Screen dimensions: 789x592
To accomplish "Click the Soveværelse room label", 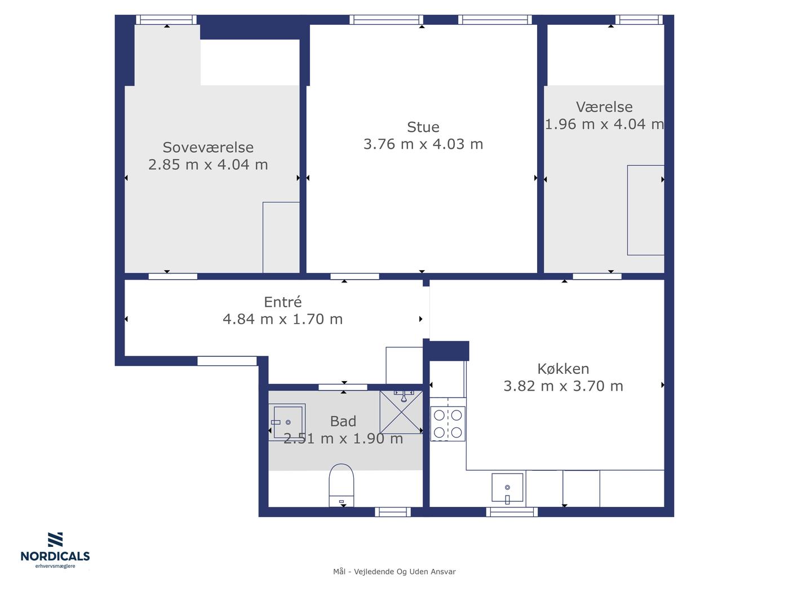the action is (x=208, y=147).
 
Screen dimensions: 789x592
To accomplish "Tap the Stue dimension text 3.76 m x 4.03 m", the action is (x=423, y=144).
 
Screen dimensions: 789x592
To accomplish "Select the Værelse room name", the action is (x=604, y=107).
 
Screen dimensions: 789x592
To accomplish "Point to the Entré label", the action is (x=282, y=302).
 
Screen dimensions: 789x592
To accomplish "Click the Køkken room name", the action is (x=563, y=369).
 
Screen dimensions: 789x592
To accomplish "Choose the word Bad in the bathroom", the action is (x=343, y=421).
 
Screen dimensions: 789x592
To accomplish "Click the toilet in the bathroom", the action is (x=342, y=485).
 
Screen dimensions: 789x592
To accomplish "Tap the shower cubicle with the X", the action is (x=401, y=412).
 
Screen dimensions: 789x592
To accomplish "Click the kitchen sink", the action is (x=507, y=487).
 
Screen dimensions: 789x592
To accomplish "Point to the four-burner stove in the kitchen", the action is (x=447, y=424).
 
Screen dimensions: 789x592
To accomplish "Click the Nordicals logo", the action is (x=55, y=550).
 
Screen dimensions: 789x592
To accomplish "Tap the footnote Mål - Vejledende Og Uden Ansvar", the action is (x=394, y=572).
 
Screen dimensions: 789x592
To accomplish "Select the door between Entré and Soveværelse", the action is (x=173, y=276).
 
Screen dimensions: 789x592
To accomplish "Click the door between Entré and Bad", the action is (x=343, y=387).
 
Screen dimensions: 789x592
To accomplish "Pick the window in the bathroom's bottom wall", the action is (x=392, y=512).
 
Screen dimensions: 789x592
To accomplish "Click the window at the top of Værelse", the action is (x=639, y=19).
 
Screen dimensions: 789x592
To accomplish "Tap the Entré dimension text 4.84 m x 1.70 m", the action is (x=282, y=319).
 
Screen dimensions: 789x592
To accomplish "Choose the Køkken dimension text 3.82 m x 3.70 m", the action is (x=563, y=386).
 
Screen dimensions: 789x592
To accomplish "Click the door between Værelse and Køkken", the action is (x=597, y=276).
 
